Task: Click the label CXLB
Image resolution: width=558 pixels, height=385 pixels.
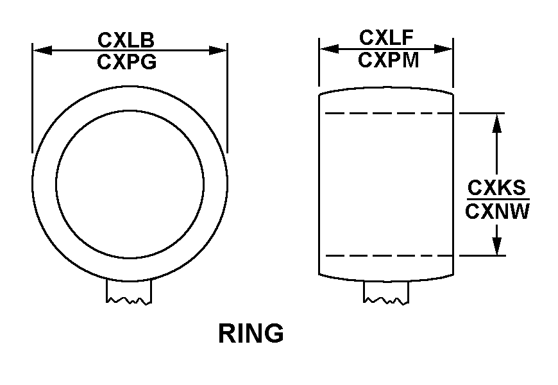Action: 126,40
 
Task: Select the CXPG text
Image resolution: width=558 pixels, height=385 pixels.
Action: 127,62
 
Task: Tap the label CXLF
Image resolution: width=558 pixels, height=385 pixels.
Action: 386,38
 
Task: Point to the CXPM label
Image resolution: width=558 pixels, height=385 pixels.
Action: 388,60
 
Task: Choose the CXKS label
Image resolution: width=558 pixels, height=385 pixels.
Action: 496,188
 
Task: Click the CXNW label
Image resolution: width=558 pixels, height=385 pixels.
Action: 497,212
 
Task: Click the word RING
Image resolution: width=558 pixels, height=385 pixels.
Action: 251,334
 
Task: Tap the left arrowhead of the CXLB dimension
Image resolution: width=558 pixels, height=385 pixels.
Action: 42,51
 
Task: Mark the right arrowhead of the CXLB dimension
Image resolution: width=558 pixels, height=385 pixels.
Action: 218,51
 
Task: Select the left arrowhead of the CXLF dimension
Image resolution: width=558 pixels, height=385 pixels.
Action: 329,49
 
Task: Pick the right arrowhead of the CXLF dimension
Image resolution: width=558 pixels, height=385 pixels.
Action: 443,49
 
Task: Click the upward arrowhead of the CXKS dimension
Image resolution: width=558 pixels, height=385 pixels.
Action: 497,123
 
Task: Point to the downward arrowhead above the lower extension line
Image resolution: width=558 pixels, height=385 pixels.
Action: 497,246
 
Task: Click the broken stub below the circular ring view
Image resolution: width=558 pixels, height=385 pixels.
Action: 129,292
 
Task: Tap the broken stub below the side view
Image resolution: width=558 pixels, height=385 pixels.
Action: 386,293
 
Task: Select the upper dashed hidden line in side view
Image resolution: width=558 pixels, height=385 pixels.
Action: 389,114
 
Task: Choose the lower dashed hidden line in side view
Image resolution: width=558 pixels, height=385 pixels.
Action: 389,256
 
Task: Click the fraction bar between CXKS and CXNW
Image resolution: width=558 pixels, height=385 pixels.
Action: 498,200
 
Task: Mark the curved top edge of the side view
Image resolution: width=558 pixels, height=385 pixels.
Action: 386,87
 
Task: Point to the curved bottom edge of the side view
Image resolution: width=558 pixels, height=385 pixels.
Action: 386,281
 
